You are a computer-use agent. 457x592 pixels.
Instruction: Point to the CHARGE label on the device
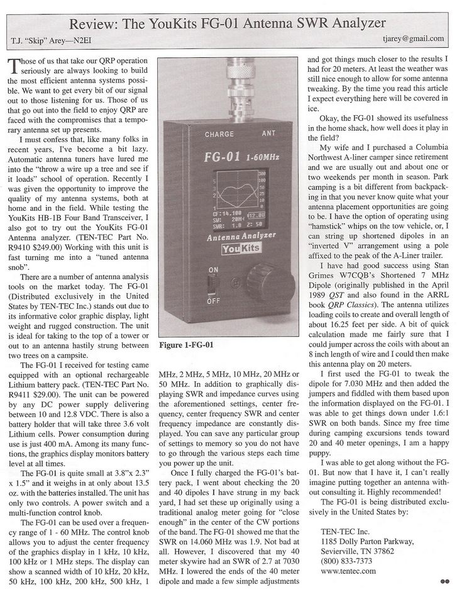coord(219,134)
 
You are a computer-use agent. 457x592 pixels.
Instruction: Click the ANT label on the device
coord(268,133)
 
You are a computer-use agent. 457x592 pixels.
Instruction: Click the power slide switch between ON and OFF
coord(212,285)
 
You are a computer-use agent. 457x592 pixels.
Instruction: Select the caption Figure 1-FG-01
coord(187,345)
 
